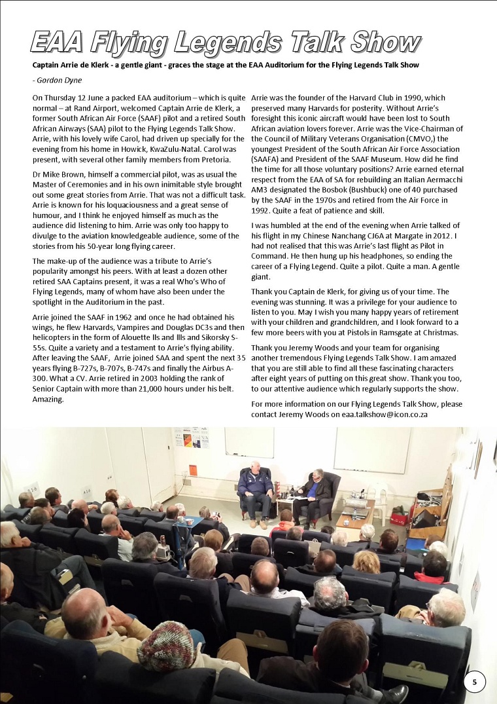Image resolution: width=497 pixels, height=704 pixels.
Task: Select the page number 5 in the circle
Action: pyautogui.click(x=475, y=682)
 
